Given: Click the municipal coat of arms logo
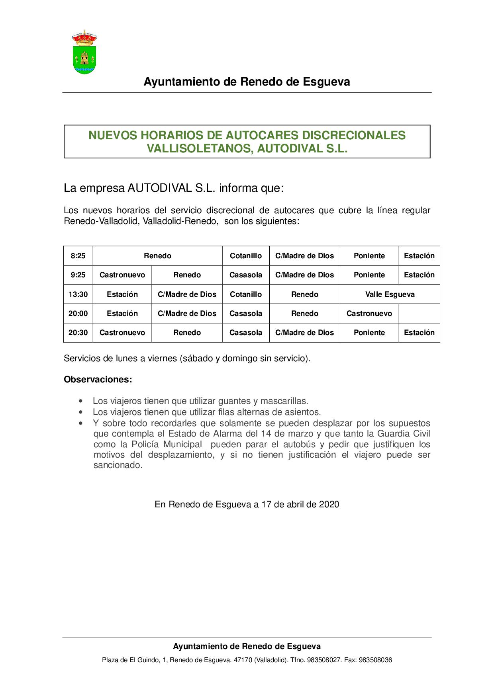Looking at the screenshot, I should (84, 52).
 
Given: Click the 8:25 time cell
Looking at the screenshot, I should (78, 256).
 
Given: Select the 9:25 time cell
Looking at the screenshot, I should (78, 275).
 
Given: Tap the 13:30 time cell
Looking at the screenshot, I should (78, 294).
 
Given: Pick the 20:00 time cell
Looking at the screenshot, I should (78, 314).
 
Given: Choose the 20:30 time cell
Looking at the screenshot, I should (78, 333).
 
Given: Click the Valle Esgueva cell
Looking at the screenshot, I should (390, 294).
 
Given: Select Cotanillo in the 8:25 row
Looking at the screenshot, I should (246, 256).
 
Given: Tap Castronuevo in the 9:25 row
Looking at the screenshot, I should (122, 275).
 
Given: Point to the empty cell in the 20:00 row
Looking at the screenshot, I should (419, 314).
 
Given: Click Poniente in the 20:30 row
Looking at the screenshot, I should (369, 333).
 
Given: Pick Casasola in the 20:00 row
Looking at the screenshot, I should (246, 314).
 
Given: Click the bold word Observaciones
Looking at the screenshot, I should (98, 380).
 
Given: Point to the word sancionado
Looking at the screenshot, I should (118, 465).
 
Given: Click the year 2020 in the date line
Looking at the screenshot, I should (329, 505).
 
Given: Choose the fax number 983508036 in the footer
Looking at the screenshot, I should (375, 660).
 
